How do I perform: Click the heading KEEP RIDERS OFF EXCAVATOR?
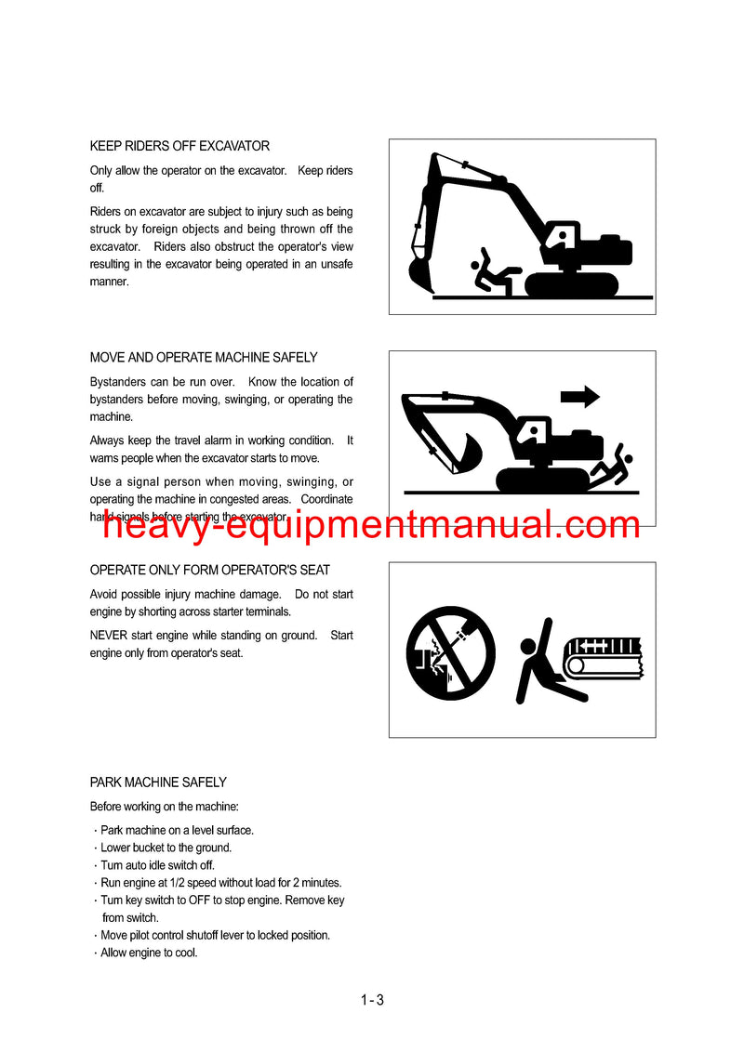(x=180, y=146)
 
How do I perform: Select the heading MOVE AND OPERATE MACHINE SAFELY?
(x=204, y=358)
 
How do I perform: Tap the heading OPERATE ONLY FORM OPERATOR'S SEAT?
(x=210, y=571)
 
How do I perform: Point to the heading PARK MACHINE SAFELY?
(x=158, y=782)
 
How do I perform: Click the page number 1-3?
(x=372, y=1000)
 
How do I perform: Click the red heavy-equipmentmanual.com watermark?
(x=371, y=525)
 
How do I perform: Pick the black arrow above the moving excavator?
(x=580, y=397)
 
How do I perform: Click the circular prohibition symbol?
(x=450, y=654)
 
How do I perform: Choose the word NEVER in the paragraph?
(x=108, y=636)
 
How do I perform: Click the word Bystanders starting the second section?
(x=118, y=383)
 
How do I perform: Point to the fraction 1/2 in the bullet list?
(x=178, y=883)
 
